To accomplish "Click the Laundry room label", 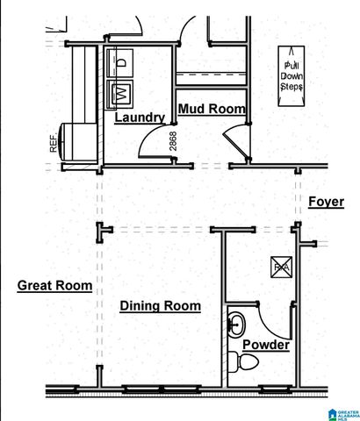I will click(x=140, y=117).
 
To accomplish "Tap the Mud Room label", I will click(x=211, y=109).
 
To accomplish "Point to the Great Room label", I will click(x=54, y=285).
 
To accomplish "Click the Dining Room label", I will click(x=160, y=306).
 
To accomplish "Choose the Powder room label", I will click(x=266, y=345).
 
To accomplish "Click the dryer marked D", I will click(x=119, y=62).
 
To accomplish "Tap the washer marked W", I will click(x=119, y=90).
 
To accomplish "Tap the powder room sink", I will click(x=236, y=325).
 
